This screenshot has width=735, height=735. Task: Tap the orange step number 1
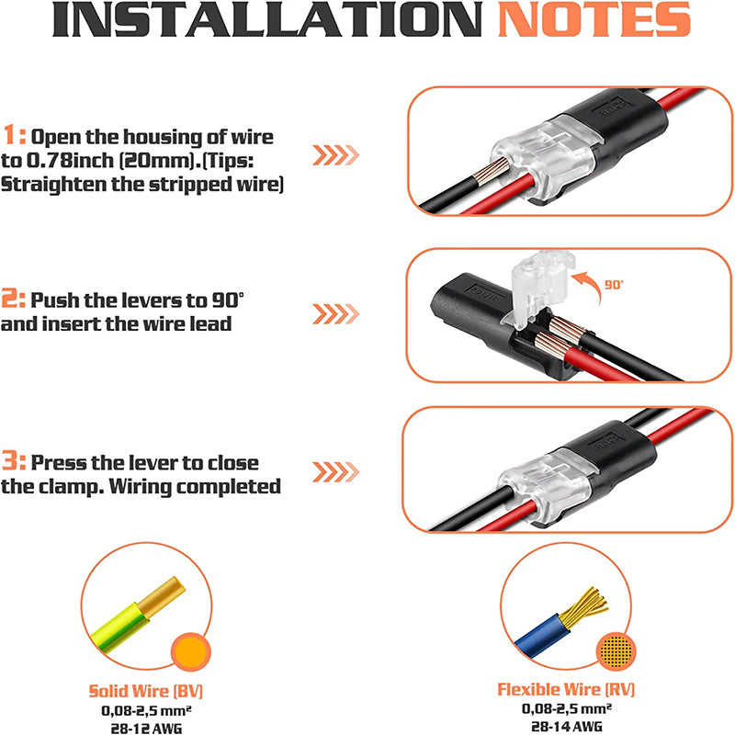pyautogui.click(x=13, y=137)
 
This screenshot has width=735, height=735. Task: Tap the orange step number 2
pyautogui.click(x=13, y=300)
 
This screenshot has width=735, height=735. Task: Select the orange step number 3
pyautogui.click(x=13, y=463)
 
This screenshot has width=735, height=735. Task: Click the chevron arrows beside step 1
pyautogui.click(x=334, y=154)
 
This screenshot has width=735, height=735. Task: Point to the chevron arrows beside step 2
pyautogui.click(x=334, y=314)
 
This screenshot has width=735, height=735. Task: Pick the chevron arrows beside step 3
pyautogui.click(x=334, y=472)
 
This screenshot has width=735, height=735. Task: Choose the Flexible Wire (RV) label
pyautogui.click(x=565, y=689)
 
